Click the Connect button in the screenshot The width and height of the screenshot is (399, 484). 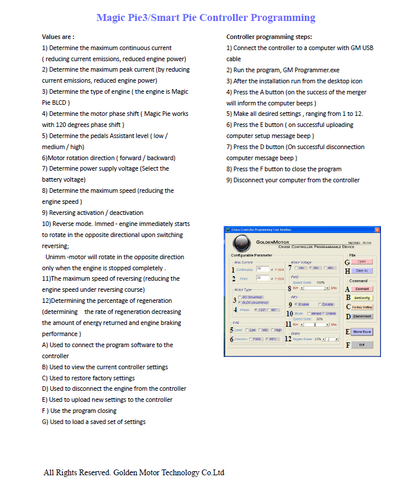362,288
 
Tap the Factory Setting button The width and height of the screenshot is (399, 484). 362,306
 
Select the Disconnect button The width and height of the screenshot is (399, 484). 362,316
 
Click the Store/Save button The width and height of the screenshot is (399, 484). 362,331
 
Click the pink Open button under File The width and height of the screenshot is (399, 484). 362,262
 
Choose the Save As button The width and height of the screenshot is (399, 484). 362,270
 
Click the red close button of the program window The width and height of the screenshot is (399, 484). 377,230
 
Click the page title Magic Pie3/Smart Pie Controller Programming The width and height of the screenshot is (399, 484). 206,17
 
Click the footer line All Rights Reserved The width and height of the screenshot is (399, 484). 134,472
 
